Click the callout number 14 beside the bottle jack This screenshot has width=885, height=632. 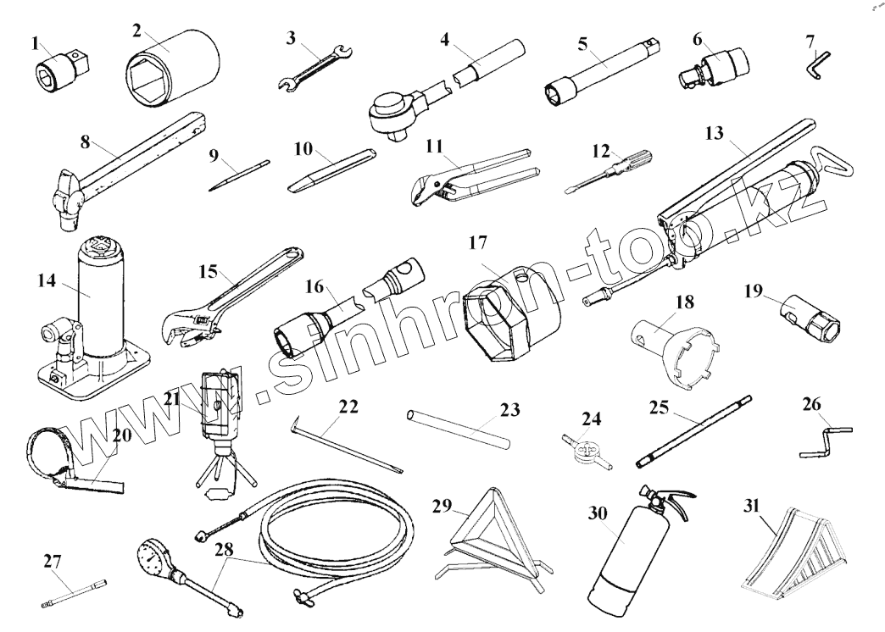[52, 279]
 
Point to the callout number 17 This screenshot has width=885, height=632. [477, 243]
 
